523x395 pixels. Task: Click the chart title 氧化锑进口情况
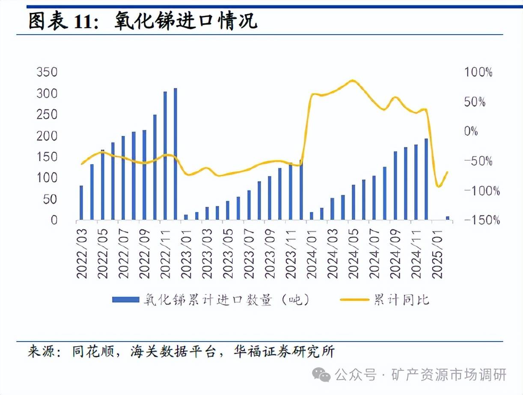coord(186,21)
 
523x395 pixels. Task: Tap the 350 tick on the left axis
coord(47,72)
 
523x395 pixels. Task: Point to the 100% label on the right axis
coord(478,72)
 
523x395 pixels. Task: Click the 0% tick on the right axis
coord(471,132)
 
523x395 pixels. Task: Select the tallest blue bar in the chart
coord(175,154)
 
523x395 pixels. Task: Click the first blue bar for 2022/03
coord(81,203)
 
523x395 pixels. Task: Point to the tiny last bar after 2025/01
coord(448,218)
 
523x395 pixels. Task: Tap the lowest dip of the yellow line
coord(438,186)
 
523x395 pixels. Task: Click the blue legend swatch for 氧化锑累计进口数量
coord(125,300)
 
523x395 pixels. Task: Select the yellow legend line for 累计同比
coord(354,300)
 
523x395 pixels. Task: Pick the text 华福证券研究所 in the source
coord(284,352)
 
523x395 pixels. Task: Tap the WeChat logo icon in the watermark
coord(321,375)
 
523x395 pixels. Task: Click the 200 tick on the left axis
coord(47,136)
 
